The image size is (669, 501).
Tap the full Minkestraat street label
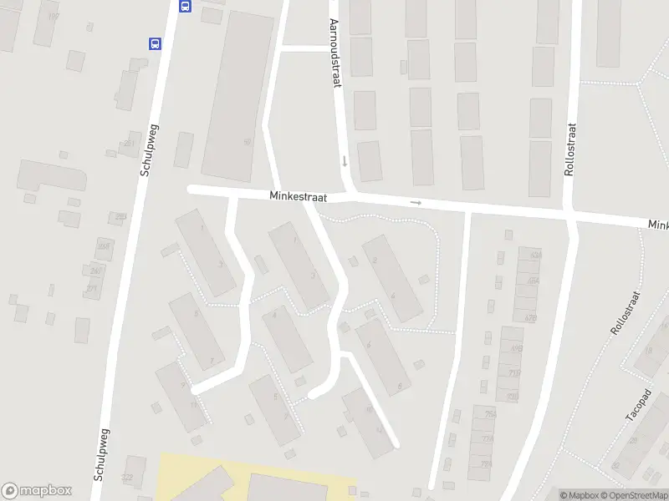(x=298, y=195)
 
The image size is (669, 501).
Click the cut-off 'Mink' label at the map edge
(x=658, y=225)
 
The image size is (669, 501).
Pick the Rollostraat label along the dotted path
(x=625, y=313)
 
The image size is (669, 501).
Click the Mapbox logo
(x=37, y=491)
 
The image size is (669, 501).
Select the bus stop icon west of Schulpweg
(x=154, y=44)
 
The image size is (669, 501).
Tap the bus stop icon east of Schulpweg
(x=185, y=5)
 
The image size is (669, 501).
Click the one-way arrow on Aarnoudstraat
(x=344, y=159)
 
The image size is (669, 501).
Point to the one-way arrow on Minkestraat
(x=416, y=202)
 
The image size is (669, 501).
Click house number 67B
(x=530, y=318)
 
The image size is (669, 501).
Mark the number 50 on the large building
(x=247, y=142)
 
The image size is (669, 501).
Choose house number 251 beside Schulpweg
(x=130, y=143)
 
